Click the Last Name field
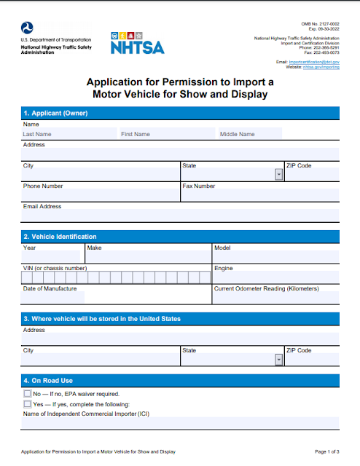(x=69, y=134)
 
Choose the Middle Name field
(x=277, y=134)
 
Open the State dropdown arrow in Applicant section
(x=278, y=175)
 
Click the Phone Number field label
(x=43, y=186)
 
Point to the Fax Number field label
(x=199, y=186)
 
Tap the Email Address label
(x=42, y=207)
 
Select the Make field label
(x=94, y=248)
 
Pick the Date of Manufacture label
(x=50, y=288)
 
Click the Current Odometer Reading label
(x=266, y=288)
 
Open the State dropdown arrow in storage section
(x=278, y=360)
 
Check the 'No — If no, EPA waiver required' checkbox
(x=28, y=394)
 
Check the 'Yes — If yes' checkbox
(x=28, y=404)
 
